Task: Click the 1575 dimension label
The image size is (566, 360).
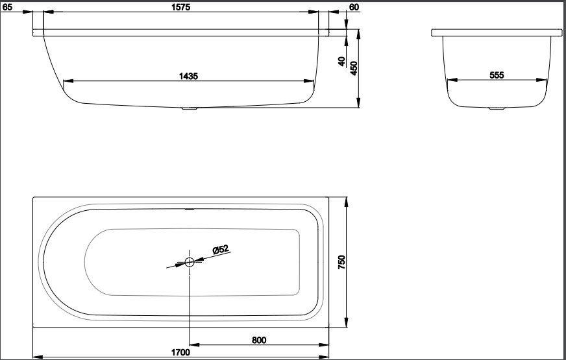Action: click(x=181, y=7)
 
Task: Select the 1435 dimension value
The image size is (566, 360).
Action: click(x=188, y=76)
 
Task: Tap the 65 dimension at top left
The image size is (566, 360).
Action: click(x=7, y=7)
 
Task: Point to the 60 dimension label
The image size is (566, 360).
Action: click(x=354, y=7)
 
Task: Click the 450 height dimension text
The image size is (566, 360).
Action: click(x=354, y=68)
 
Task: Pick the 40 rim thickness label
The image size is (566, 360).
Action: click(x=341, y=62)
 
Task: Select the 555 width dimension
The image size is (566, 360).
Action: click(x=497, y=75)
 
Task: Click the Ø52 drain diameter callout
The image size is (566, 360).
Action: click(x=221, y=249)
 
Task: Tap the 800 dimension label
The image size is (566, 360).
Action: click(x=259, y=340)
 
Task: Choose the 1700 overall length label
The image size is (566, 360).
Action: click(x=180, y=352)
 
